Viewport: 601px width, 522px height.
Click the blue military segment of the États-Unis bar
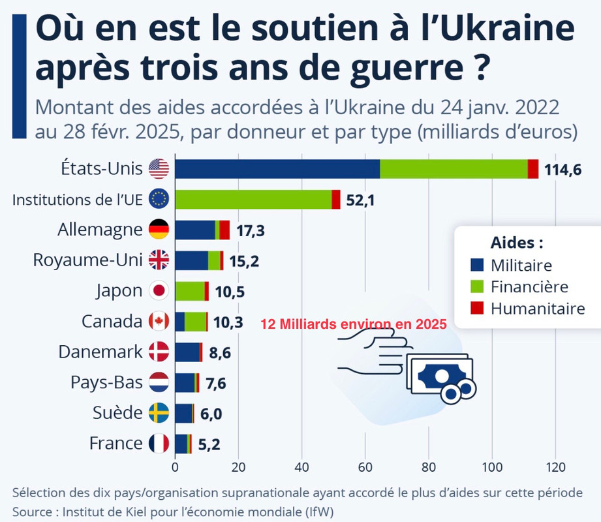[x=277, y=169]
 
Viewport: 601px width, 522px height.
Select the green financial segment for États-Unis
[x=454, y=169]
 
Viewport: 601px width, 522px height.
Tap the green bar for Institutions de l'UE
[x=253, y=199]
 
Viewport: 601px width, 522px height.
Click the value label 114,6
[x=562, y=170]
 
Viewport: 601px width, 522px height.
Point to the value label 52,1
[x=360, y=200]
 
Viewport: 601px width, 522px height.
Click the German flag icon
[x=159, y=230]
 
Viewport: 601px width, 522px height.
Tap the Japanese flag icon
[x=159, y=291]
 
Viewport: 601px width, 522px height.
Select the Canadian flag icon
[x=159, y=322]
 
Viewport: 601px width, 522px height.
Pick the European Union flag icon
[x=159, y=199]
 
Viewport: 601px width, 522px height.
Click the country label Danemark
[x=100, y=352]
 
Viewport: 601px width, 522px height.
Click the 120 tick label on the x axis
[x=555, y=467]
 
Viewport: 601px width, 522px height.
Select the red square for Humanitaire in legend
[x=477, y=308]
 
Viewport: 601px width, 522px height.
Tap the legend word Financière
[x=529, y=286]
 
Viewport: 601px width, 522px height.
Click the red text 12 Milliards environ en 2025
[x=353, y=324]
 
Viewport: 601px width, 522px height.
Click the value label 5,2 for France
[x=209, y=445]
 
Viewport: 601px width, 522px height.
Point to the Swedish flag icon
[x=159, y=414]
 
